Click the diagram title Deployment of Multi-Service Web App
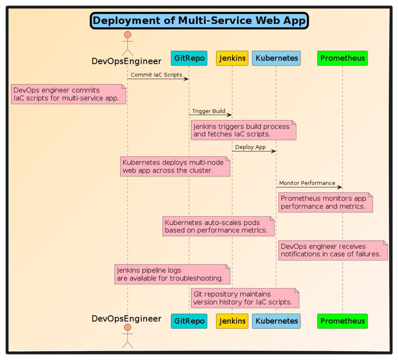199,21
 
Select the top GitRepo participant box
189,58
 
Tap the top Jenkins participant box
232,58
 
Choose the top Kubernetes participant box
276,58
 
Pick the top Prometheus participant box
343,58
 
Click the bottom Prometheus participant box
343,321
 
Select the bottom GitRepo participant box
189,321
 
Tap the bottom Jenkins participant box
232,321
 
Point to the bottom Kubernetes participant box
276,321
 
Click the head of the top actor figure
127,35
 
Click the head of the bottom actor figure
127,328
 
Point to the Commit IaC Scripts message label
156,75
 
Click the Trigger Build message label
209,111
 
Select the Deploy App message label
250,147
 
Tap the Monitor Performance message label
307,183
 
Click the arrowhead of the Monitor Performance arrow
340,187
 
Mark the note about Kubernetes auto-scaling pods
218,226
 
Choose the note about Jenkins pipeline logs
172,274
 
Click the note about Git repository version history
245,298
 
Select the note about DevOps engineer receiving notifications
333,250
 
